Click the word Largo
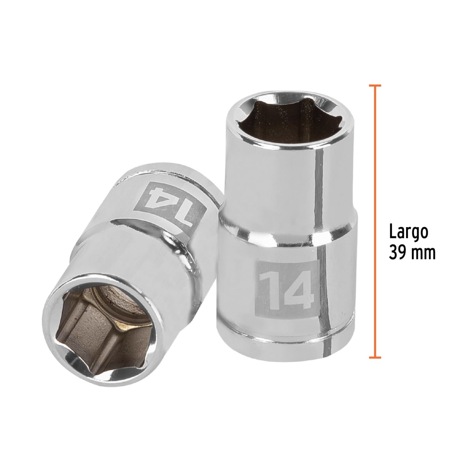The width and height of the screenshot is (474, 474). (x=408, y=233)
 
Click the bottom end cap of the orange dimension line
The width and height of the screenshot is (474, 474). (x=375, y=358)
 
